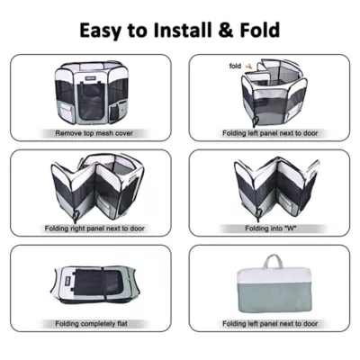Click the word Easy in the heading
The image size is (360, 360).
[x=101, y=31]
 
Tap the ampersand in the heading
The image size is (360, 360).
[x=224, y=31]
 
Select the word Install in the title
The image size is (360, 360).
[x=182, y=30]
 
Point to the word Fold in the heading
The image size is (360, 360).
[x=259, y=30]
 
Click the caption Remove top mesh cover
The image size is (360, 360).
[x=94, y=133]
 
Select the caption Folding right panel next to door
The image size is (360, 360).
[x=94, y=229]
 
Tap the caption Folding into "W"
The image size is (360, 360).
[x=271, y=229]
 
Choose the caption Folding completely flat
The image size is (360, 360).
[x=91, y=324]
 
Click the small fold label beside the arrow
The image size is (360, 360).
[x=235, y=66]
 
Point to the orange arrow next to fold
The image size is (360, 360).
[x=248, y=67]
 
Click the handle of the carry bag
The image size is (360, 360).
[x=273, y=262]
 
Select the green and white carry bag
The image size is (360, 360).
[x=274, y=283]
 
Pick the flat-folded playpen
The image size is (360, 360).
[x=92, y=285]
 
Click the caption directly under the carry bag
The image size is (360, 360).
[x=270, y=324]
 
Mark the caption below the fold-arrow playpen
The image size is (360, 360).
[x=270, y=133]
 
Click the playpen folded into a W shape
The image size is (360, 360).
[x=276, y=185]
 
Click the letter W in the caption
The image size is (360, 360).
[x=290, y=229]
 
